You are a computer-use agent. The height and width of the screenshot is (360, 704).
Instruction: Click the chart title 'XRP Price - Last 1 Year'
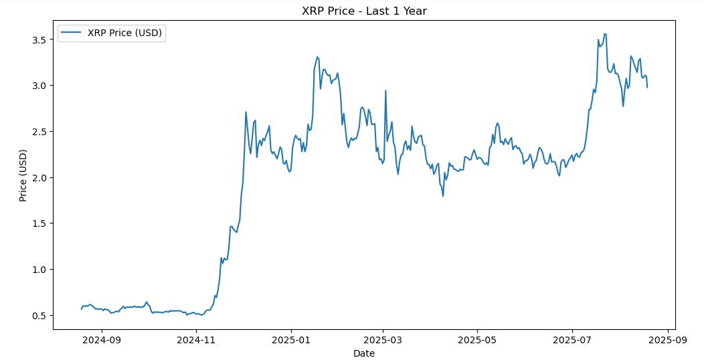[364, 11]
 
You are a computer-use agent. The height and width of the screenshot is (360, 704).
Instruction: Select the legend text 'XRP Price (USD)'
[124, 33]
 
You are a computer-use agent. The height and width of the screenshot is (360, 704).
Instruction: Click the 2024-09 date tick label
[102, 340]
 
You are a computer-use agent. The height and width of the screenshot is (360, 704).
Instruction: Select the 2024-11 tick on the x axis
[196, 340]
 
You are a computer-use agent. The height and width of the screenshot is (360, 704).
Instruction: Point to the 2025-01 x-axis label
[291, 340]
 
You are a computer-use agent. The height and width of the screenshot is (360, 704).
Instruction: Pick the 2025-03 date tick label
[383, 340]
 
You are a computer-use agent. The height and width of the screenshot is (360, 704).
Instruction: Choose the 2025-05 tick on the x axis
[477, 340]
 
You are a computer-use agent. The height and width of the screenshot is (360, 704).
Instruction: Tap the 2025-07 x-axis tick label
[572, 340]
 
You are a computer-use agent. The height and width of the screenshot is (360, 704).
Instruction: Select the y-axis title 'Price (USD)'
[23, 175]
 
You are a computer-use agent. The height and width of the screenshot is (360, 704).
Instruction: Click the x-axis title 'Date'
[364, 353]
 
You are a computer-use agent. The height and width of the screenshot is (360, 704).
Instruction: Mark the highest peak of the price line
[605, 34]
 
